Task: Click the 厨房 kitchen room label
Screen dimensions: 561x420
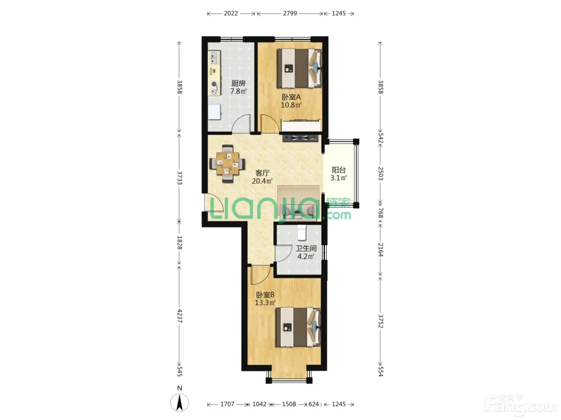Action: [x=238, y=83]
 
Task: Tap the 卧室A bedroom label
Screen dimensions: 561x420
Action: [x=291, y=97]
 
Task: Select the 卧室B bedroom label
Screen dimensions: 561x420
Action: [x=265, y=295]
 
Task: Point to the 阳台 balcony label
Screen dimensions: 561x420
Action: [x=339, y=170]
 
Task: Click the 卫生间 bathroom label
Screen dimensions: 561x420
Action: [x=306, y=248]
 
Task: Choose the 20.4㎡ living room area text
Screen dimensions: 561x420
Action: [x=262, y=181]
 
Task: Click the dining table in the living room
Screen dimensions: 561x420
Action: [x=227, y=164]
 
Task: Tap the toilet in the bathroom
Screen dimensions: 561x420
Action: [x=302, y=232]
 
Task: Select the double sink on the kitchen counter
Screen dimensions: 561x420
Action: [x=214, y=58]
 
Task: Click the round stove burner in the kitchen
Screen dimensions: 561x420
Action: [x=214, y=84]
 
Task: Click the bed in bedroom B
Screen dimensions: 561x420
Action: [x=298, y=327]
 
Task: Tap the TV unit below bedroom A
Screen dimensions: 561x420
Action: [x=301, y=138]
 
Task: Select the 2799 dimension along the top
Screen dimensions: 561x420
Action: [x=290, y=13]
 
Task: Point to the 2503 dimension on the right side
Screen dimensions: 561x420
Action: [x=381, y=174]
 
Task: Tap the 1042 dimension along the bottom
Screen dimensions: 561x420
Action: [x=259, y=404]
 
